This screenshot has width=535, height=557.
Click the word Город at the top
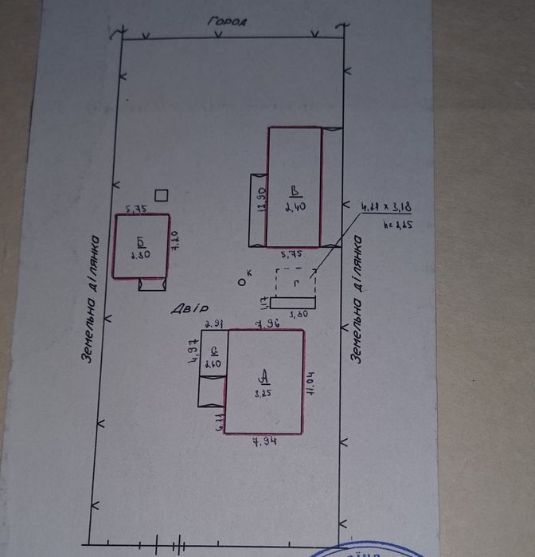[228, 22]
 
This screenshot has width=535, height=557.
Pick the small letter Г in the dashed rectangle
[296, 283]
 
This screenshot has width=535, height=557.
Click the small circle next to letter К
[241, 280]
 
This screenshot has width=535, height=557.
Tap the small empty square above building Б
[162, 194]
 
